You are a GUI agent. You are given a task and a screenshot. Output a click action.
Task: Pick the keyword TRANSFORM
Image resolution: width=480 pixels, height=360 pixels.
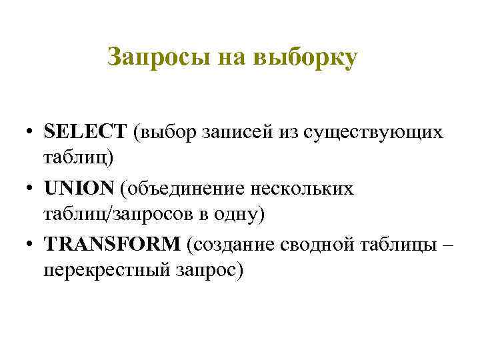pyautogui.click(x=113, y=244)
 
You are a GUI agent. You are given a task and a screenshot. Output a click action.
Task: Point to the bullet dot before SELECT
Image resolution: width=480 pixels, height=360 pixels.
pyautogui.click(x=31, y=132)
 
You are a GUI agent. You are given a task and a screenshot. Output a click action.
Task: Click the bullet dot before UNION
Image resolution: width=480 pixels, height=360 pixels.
pyautogui.click(x=31, y=189)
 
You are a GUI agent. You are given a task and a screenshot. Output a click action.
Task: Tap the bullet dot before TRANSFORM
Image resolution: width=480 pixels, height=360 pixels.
pyautogui.click(x=31, y=245)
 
